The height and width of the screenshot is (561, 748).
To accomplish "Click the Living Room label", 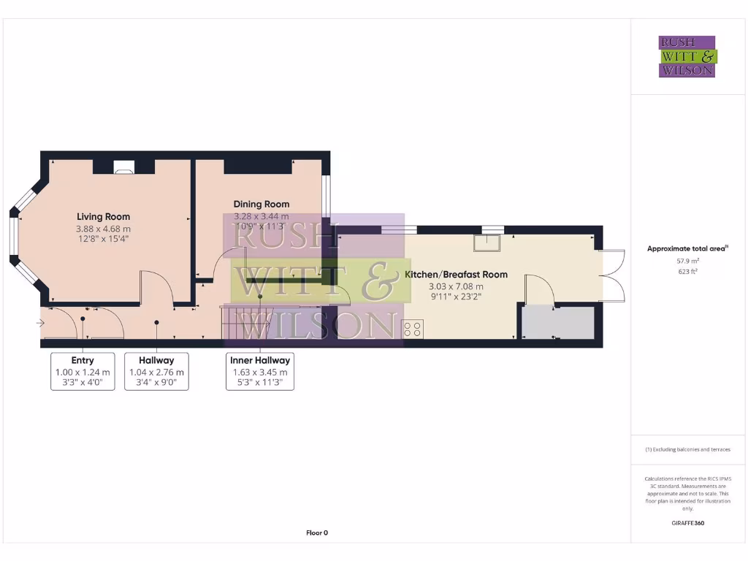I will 104,216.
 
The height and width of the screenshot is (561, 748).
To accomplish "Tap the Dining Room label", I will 261,204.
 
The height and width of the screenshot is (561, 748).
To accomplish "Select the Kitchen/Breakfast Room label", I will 456,275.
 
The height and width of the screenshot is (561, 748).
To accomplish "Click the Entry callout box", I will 83,371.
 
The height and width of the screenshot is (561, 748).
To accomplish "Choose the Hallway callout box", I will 156,371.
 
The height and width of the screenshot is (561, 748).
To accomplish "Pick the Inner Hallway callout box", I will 260,371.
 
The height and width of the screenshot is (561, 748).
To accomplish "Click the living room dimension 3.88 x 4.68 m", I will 104,229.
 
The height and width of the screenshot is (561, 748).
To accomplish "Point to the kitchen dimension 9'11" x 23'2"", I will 456,297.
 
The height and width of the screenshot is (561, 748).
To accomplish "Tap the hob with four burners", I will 413,329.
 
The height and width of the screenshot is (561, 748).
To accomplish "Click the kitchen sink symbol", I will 487,243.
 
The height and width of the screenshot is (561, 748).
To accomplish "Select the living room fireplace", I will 123,168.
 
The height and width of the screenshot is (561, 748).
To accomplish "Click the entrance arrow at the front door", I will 40,322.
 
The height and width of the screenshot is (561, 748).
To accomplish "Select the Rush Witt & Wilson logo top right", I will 687,56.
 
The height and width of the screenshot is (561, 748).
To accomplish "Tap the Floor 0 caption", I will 317,533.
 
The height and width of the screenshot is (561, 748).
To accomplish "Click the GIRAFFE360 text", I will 687,523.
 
